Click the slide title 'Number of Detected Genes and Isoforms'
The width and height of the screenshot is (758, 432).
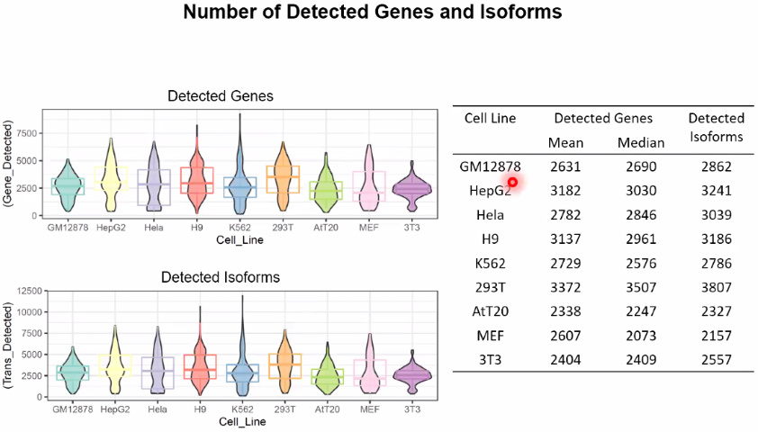(x=372, y=13)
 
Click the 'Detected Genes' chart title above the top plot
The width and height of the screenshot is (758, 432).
(x=221, y=95)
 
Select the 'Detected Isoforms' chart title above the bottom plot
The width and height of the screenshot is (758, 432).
(x=220, y=277)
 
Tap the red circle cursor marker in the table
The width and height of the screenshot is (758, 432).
(x=512, y=182)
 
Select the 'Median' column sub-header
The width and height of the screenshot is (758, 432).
(x=641, y=142)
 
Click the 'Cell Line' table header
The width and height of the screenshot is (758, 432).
(x=490, y=119)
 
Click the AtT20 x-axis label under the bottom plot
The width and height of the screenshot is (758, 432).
(x=327, y=409)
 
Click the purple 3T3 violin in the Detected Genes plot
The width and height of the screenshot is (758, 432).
(x=411, y=188)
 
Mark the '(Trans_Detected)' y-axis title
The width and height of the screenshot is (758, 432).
(x=9, y=343)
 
